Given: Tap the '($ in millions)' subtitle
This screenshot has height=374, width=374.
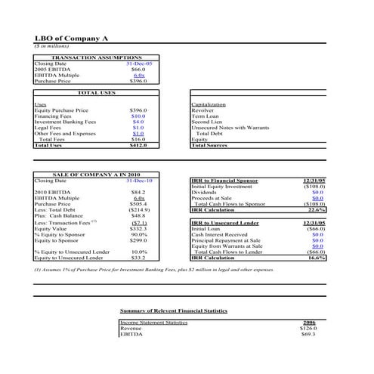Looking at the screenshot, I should [51, 46].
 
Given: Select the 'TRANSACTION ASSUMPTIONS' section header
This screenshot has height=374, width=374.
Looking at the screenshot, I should [95, 57].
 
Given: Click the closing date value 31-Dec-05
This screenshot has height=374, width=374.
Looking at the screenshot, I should [138, 63].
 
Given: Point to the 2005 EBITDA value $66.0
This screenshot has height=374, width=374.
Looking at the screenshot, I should [138, 70].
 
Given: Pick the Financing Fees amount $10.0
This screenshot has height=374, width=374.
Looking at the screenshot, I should [138, 116].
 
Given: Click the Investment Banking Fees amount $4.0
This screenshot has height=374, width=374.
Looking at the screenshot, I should [138, 122].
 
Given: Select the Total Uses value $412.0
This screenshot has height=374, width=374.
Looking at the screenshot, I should [138, 145].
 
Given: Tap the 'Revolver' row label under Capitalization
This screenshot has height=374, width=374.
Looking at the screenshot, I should [203, 110].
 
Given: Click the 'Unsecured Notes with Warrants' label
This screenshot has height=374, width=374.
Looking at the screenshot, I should [227, 128].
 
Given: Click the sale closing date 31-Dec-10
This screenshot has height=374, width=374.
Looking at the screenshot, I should [139, 181].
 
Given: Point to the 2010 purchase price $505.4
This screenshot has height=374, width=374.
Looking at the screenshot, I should [138, 204].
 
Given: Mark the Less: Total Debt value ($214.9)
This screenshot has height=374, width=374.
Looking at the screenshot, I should [138, 210].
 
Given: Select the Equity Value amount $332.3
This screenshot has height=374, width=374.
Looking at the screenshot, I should [138, 229].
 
